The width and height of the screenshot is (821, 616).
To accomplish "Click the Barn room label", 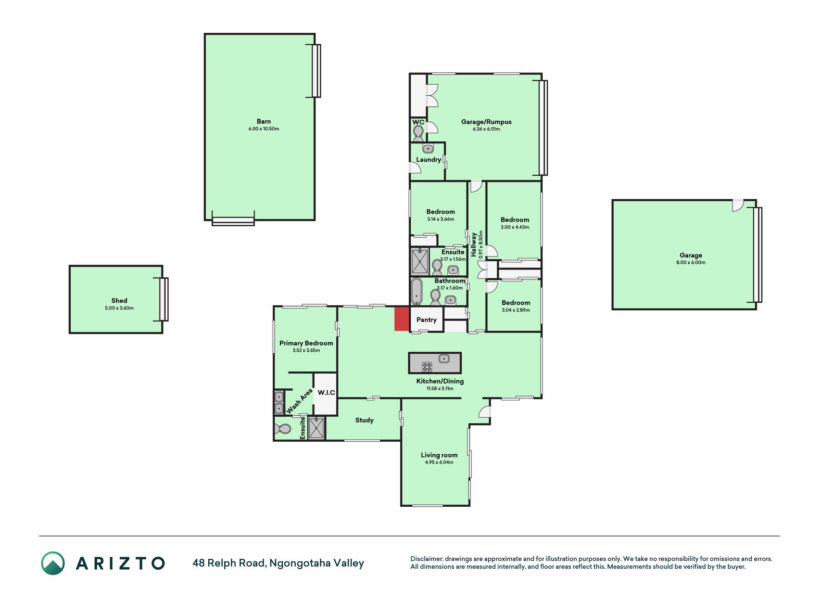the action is (x=264, y=122).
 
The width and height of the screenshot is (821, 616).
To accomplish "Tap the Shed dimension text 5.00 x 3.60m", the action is (x=119, y=308).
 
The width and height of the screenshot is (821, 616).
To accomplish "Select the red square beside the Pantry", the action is (x=402, y=319).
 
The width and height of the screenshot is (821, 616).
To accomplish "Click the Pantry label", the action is (x=427, y=320).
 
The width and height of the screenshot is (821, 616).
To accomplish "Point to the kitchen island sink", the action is (x=444, y=359).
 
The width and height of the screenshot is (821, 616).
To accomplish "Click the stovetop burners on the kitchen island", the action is (x=427, y=367).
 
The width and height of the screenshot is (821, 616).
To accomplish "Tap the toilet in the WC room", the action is (x=418, y=133).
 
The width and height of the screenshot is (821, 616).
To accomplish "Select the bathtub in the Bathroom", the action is (x=417, y=292).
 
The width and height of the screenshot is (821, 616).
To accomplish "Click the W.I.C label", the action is (x=326, y=393).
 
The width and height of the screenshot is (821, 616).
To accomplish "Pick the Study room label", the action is (x=365, y=420).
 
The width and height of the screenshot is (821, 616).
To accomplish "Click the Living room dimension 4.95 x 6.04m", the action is (x=439, y=462).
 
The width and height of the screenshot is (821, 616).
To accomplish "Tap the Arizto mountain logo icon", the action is (x=53, y=563).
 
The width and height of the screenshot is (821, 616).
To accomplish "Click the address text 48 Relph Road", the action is (x=228, y=563).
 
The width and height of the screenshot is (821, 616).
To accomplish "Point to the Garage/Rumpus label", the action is (x=486, y=122).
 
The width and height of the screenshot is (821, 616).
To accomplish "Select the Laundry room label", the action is (x=429, y=160).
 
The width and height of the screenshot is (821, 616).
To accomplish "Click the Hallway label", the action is (x=474, y=244).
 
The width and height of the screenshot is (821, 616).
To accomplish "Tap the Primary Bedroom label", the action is (x=306, y=343).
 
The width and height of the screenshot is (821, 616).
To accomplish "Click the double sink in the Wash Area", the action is (x=279, y=403).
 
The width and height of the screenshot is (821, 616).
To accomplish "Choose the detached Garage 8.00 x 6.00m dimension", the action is (x=691, y=263).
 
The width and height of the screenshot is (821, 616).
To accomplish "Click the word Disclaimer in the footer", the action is (x=426, y=559).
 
